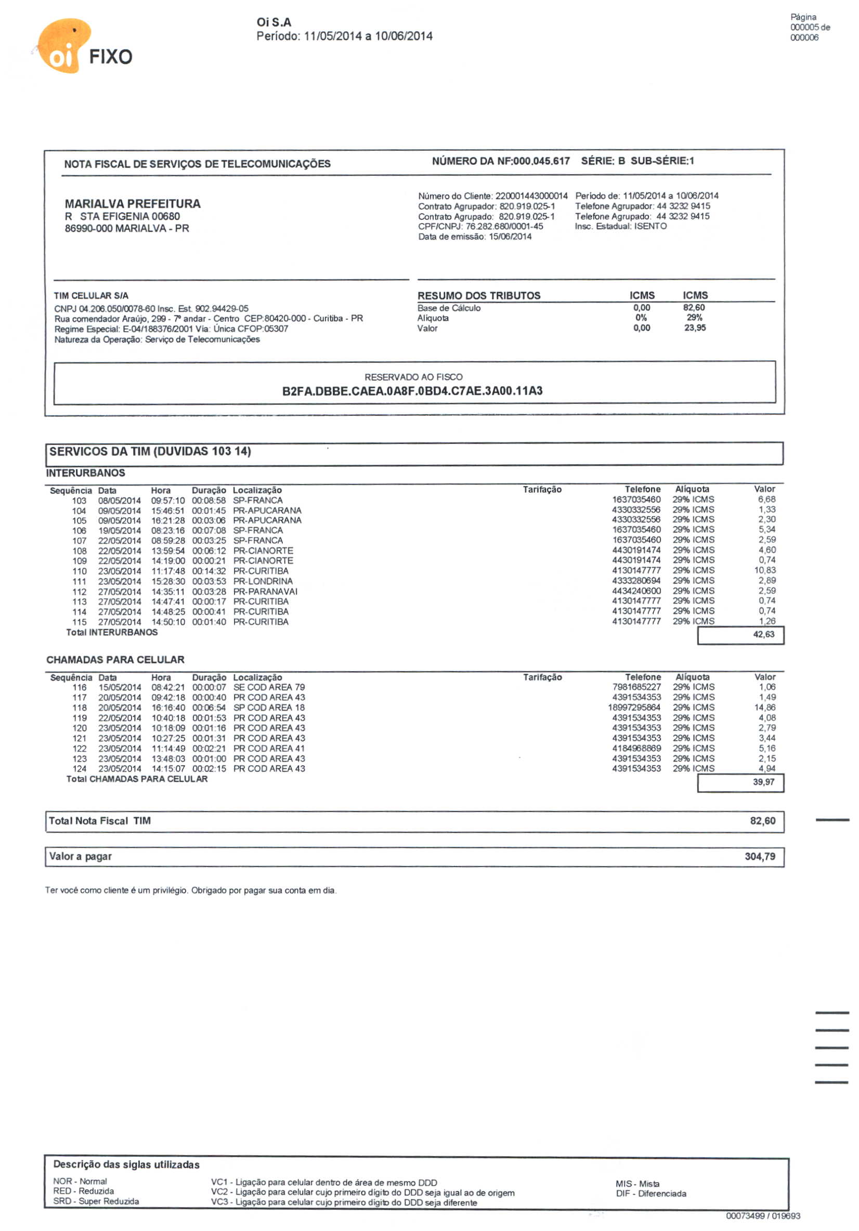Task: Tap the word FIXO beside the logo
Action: [110, 57]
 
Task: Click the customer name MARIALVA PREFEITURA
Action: [133, 204]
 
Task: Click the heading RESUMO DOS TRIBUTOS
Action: [479, 295]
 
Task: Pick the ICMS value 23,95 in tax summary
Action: [694, 328]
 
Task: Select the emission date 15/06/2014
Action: [510, 237]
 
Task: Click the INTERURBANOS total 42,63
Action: [763, 634]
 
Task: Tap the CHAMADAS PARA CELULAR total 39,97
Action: [763, 782]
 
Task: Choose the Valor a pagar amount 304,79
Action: [759, 856]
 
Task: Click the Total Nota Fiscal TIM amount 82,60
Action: [762, 821]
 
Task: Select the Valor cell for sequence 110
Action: [765, 570]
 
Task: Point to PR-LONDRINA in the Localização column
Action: [263, 581]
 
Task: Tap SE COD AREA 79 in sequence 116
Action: [269, 687]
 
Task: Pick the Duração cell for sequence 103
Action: [209, 500]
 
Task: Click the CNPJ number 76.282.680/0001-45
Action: [504, 226]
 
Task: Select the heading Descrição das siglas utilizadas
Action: [126, 1164]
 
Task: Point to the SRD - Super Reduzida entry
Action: [96, 1201]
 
